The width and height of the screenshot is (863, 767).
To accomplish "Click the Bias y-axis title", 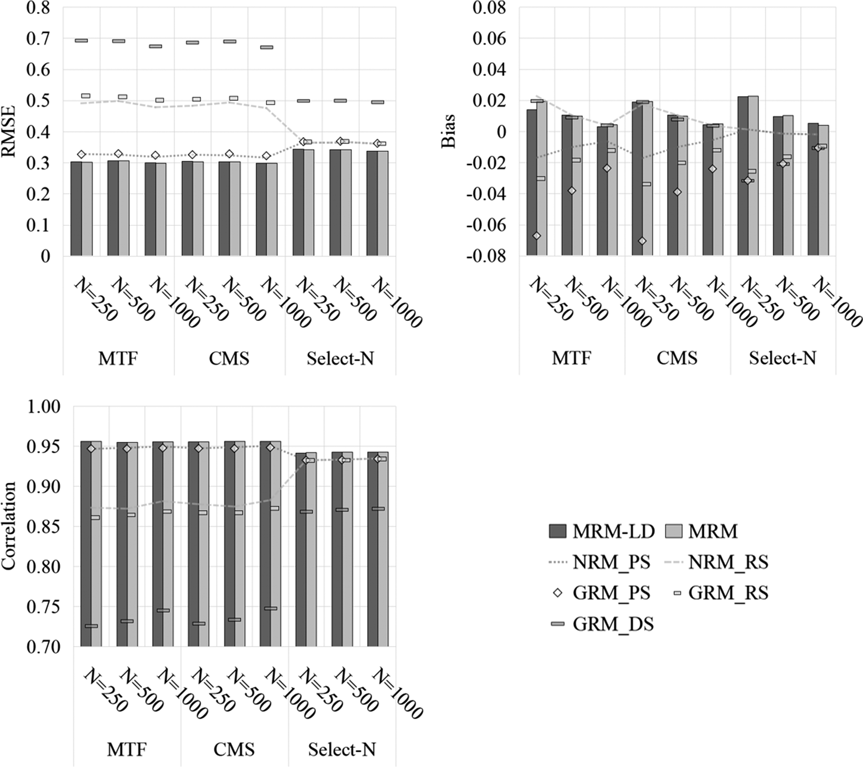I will coord(448,131).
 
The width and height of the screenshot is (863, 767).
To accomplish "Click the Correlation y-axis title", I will coord(9,526).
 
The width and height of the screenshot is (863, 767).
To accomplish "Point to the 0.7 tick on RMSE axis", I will coord(36,38).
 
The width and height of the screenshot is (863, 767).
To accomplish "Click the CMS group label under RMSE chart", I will coord(229,359).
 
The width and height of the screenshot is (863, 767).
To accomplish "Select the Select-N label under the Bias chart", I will coord(782,359).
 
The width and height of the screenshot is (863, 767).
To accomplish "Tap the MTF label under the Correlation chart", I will coord(127,750).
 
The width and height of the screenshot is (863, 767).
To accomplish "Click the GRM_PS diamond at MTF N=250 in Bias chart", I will coord(536,236).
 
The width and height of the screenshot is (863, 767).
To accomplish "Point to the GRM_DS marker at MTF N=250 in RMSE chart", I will coord(81,40).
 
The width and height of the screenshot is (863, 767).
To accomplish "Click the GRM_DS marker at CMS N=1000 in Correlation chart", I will coord(271,608).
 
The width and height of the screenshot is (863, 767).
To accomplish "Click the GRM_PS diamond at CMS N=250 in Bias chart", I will coord(642,241).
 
